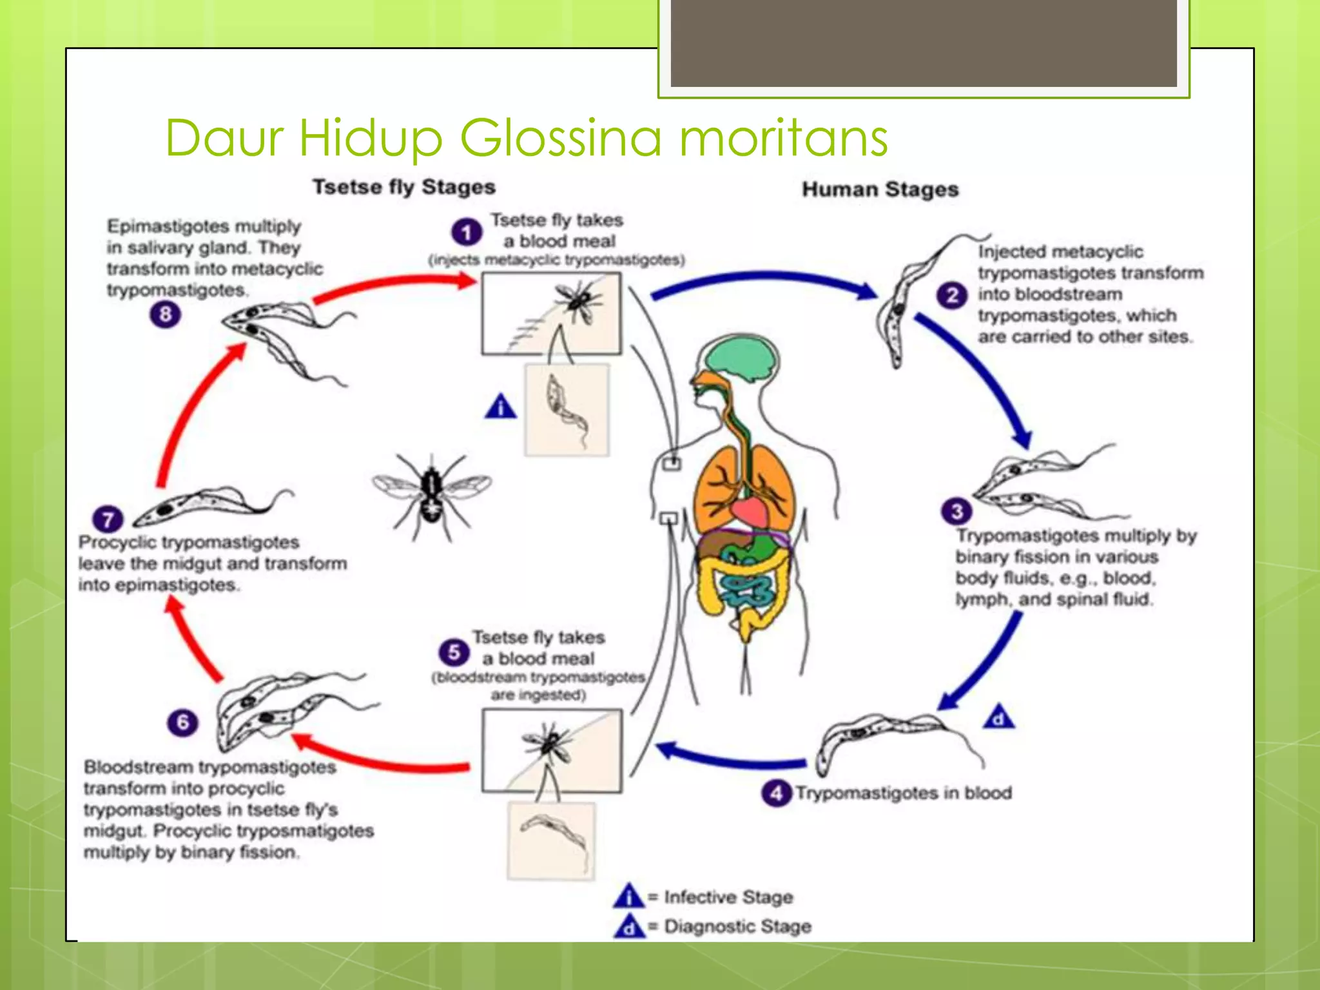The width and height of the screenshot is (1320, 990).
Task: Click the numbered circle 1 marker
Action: [x=467, y=232]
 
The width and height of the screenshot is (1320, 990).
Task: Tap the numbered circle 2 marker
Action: [x=952, y=296]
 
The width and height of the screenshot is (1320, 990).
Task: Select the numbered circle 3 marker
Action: [x=956, y=511]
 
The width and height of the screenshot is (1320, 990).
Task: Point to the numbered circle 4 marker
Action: [x=776, y=793]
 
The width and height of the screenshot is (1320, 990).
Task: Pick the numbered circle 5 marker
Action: [x=454, y=652]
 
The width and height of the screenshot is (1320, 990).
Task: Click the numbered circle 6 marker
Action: [x=182, y=722]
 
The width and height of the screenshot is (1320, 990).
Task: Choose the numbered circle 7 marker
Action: [x=108, y=519]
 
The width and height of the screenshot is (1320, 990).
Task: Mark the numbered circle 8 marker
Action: [x=166, y=315]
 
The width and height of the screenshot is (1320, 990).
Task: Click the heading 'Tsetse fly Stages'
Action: [x=404, y=187]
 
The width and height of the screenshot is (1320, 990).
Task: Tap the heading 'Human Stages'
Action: [x=880, y=189]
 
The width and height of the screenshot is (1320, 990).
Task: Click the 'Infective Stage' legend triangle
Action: [x=628, y=897]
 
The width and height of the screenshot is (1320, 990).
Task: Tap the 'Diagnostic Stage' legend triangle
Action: [x=629, y=926]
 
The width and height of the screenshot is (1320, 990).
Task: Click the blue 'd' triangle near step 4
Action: [x=998, y=717]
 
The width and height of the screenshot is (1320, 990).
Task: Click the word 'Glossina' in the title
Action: [x=560, y=137]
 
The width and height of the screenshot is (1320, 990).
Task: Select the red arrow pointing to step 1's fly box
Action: [x=393, y=285]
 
